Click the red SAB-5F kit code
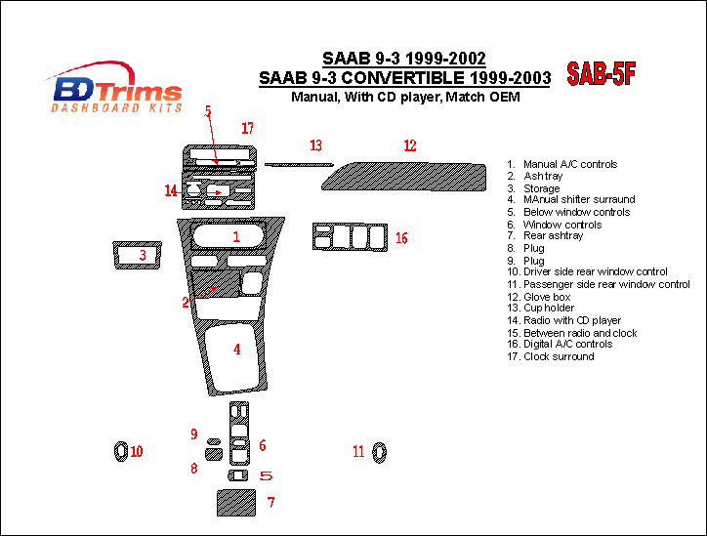point(601,73)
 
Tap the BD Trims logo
point(115,87)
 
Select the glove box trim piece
point(403,177)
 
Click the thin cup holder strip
point(299,165)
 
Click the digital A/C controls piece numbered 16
point(350,236)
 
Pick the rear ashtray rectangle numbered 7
point(236,503)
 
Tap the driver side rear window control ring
point(116,451)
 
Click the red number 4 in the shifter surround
point(236,350)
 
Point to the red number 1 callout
point(236,236)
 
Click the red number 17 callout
point(247,128)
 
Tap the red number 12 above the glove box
point(410,145)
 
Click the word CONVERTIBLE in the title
point(402,78)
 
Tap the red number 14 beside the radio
point(171,190)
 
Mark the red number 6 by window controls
point(263,445)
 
